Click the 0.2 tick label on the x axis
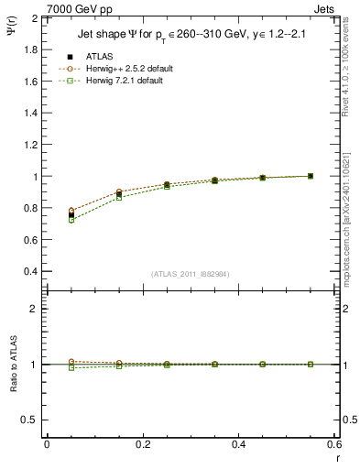pyautogui.click(x=142, y=444)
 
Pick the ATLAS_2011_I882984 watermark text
pyautogui.click(x=190, y=273)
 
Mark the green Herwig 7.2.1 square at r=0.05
pyautogui.click(x=71, y=220)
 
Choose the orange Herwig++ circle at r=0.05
pyautogui.click(x=71, y=210)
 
